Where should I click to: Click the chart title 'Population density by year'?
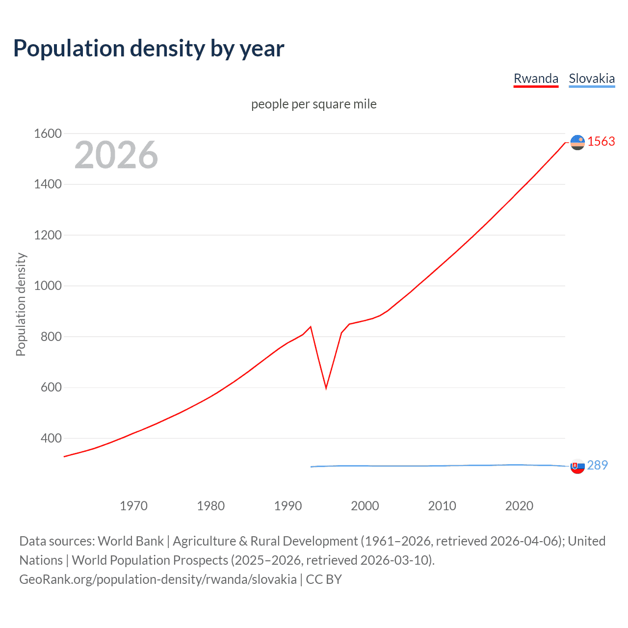click(x=149, y=49)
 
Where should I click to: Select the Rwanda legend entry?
click(x=536, y=78)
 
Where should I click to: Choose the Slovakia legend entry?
click(x=591, y=78)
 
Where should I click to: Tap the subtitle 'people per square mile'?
click(x=314, y=104)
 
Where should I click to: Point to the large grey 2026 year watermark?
click(x=116, y=155)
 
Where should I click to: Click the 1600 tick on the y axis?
click(x=48, y=133)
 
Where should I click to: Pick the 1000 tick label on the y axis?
click(x=48, y=286)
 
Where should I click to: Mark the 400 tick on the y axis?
click(x=51, y=438)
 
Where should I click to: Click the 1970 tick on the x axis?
click(x=133, y=506)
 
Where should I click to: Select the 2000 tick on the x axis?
click(x=365, y=506)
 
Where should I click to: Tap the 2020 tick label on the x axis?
click(x=519, y=506)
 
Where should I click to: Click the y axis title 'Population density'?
click(x=21, y=304)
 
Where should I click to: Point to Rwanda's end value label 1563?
click(x=601, y=141)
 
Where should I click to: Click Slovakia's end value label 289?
click(x=597, y=465)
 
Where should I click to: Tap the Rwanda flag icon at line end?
click(x=577, y=142)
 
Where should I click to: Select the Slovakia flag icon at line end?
click(x=577, y=466)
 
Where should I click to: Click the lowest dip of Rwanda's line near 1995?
click(x=326, y=388)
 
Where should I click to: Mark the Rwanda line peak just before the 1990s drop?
click(x=311, y=327)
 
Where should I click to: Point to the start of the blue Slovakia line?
click(x=311, y=467)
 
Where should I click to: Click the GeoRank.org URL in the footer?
click(x=157, y=579)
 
